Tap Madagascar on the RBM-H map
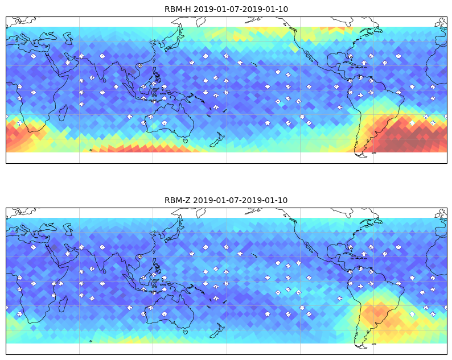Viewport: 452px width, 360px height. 63,113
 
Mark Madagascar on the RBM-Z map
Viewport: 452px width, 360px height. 63,304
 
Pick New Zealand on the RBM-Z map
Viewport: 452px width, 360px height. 217,330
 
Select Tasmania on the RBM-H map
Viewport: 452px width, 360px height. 186,141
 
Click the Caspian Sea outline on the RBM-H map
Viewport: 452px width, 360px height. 68,38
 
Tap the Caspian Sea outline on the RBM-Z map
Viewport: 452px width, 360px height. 68,229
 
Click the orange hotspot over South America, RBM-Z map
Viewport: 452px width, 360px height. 375,312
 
